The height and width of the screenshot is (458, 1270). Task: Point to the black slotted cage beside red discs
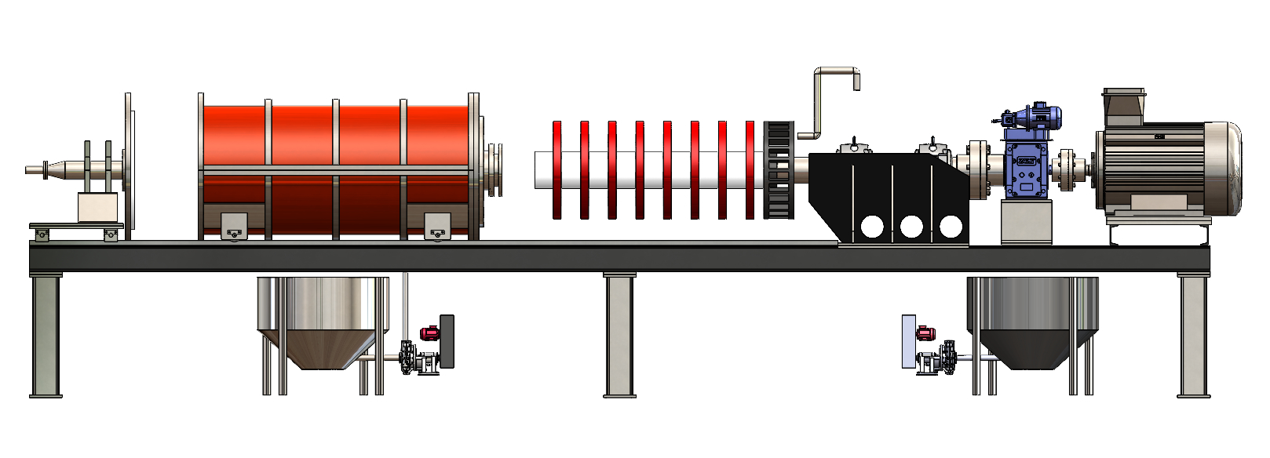778,169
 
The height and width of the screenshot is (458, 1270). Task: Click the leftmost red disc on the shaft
557,169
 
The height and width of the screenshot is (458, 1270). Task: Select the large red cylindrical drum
338,169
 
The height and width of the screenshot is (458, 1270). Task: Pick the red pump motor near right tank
925,333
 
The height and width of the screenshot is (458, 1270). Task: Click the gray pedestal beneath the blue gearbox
1026,222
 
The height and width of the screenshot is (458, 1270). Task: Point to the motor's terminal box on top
1123,105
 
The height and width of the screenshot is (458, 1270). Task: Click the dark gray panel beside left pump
447,341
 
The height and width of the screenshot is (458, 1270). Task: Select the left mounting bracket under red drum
234,226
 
